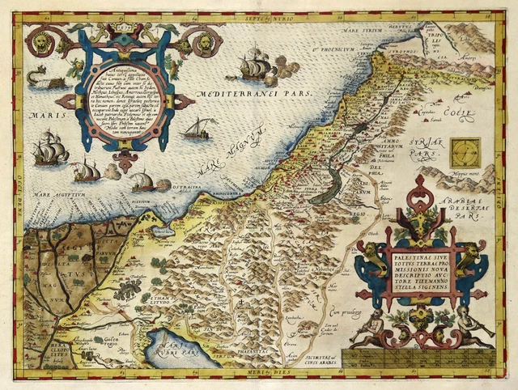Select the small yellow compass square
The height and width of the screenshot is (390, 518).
point(465,152)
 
